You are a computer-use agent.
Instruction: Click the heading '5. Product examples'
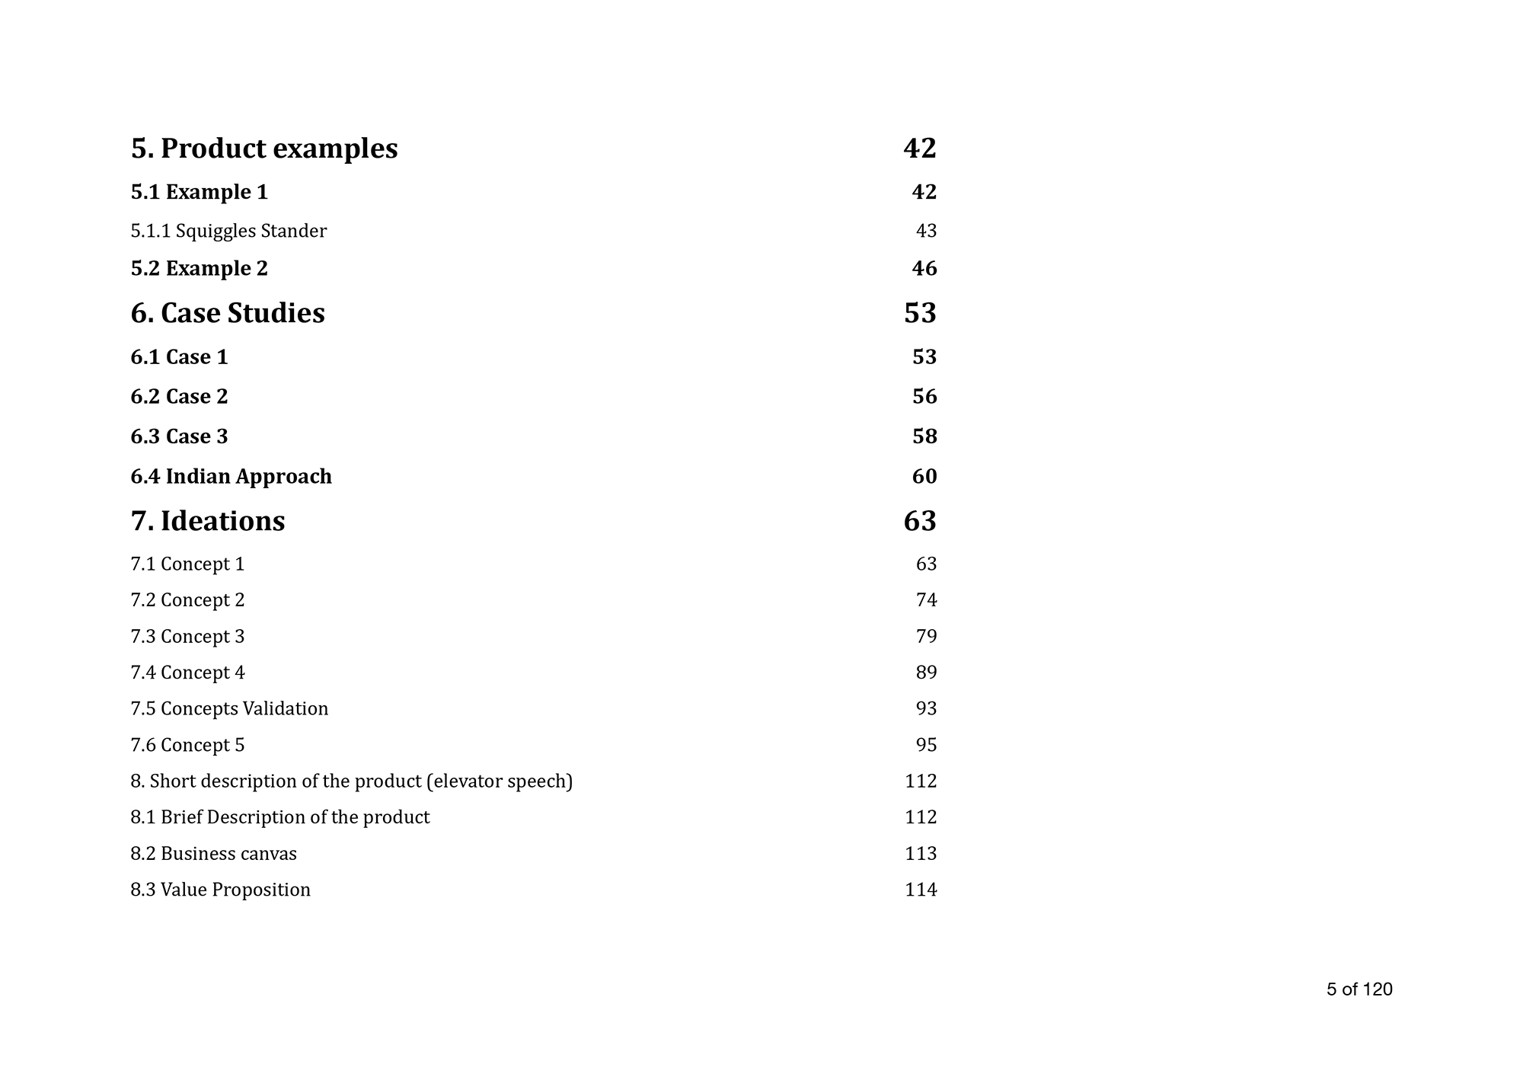[263, 149]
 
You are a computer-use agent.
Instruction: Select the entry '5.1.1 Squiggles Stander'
[228, 231]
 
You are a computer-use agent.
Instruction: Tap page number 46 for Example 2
[924, 269]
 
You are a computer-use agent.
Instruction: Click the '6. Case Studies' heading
[228, 314]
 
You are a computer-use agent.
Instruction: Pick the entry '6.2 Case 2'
[179, 397]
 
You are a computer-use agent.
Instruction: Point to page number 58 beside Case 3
[924, 436]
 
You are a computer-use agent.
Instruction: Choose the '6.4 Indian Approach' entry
[231, 477]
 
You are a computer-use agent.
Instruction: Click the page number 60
[924, 477]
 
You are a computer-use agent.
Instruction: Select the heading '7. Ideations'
[208, 522]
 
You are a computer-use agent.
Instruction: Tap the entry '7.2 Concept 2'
[187, 600]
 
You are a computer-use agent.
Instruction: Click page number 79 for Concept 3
[926, 636]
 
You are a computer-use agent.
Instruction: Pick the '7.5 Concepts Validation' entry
[229, 709]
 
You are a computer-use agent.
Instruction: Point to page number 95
[926, 745]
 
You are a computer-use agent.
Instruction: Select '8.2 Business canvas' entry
[213, 854]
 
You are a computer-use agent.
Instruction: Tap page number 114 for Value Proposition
[921, 890]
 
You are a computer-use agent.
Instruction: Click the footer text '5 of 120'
[1359, 989]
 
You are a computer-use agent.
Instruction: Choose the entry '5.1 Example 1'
[199, 192]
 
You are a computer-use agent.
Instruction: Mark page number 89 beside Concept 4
[926, 673]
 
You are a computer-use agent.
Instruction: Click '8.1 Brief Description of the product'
[279, 817]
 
